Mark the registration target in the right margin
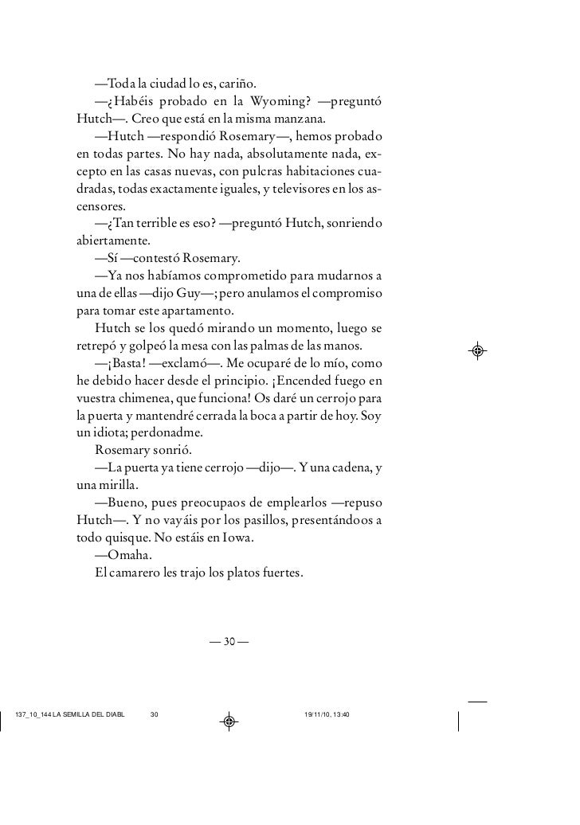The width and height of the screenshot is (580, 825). [477, 350]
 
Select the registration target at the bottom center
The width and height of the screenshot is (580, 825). [229, 722]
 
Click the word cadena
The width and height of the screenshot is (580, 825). [342, 468]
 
